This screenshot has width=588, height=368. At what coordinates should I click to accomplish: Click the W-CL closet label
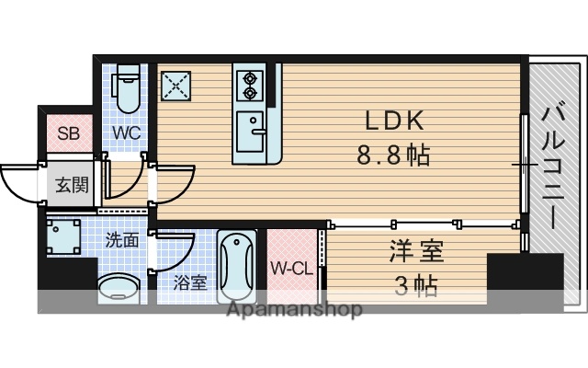click(291, 269)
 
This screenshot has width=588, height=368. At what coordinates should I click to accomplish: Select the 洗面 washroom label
click(121, 241)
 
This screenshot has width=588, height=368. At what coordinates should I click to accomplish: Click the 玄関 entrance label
click(71, 185)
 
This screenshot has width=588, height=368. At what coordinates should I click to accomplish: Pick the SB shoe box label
click(69, 132)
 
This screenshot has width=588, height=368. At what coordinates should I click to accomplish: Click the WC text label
click(126, 132)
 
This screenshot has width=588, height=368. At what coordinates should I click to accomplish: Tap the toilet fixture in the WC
click(127, 87)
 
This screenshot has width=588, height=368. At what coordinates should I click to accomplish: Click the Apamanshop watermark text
click(293, 309)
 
